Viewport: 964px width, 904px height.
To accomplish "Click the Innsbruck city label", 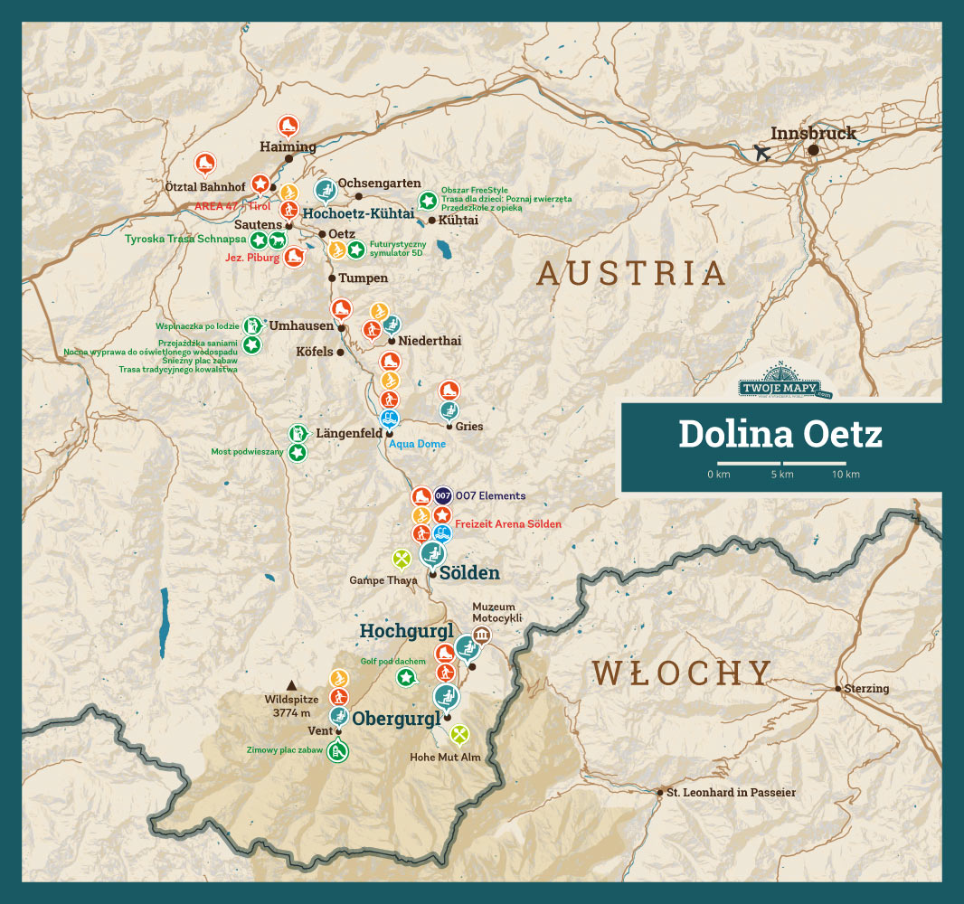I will coord(813,133).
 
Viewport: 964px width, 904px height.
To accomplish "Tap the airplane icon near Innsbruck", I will coord(762,153).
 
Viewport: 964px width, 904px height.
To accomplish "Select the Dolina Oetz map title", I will coord(780,435).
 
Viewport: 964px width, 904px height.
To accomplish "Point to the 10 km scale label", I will coord(846,475).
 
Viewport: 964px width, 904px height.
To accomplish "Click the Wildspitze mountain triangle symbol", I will coord(291,685).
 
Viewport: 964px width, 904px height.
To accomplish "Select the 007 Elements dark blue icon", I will coord(442,495).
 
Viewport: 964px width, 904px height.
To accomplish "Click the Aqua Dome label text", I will coord(417,444).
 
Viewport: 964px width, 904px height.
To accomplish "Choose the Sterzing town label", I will coord(867,689).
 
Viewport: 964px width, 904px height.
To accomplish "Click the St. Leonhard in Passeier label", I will coord(731,793).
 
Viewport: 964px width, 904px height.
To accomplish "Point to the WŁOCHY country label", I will coord(682,673).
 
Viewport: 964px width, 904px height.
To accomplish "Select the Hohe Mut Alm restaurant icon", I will coord(459,733).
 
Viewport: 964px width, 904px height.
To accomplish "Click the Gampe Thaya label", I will coord(383,580).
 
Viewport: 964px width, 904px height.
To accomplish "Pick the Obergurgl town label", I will coord(395,719).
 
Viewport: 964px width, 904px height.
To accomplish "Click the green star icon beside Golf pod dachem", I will coord(407,677).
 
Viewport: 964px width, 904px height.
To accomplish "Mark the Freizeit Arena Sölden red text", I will coord(508,524).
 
